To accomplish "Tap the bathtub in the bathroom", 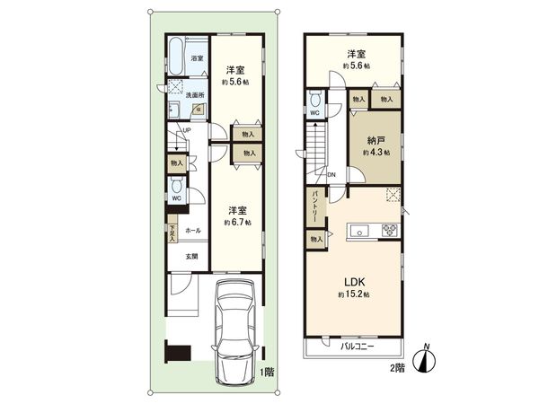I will (x=177, y=57).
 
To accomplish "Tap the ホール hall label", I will (x=192, y=231).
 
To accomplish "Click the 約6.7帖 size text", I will (x=237, y=221).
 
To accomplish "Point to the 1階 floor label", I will (x=267, y=371).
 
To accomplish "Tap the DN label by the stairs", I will (x=331, y=174).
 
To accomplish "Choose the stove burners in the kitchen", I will (x=390, y=231).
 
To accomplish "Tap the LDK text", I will (x=354, y=280).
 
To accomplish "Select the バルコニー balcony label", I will (x=356, y=347).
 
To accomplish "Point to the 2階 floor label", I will (x=395, y=368).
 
